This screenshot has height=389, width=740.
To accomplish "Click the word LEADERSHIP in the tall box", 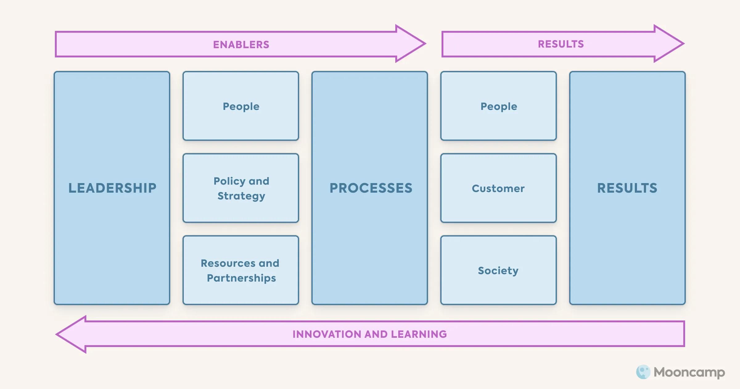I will point(112,188).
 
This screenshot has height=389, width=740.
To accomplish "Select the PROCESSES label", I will point(371,188).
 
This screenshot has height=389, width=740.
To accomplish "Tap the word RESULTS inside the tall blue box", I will point(627,188).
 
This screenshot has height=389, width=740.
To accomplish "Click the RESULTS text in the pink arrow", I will point(561,44).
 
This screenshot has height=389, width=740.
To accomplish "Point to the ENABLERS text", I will point(241,45).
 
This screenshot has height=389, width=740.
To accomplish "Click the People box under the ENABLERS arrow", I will point(241,106).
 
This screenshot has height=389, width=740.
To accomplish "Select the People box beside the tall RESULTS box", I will point(499,106).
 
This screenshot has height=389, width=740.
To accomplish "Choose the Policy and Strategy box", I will point(241,188).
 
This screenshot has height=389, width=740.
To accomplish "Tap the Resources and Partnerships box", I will point(241,270).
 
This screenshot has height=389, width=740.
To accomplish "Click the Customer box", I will point(499,188).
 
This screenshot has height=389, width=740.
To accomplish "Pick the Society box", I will point(499,270).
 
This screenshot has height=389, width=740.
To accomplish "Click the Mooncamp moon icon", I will point(643,372).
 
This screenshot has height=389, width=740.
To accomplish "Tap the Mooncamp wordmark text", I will point(689,372).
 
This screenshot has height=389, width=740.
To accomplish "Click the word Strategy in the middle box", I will point(241,196).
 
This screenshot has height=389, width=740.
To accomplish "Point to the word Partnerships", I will point(241,278).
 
